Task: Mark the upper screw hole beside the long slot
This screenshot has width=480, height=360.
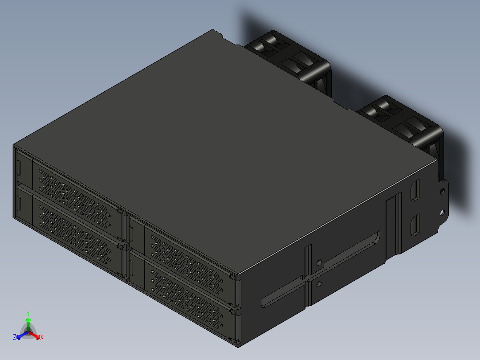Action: click(x=319, y=262)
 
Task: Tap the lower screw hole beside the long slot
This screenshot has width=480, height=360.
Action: click(x=319, y=283)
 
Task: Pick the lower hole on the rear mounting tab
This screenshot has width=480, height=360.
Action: click(x=443, y=212)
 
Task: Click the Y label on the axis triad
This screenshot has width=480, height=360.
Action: click(x=28, y=313)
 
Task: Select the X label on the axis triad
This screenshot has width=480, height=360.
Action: click(x=42, y=338)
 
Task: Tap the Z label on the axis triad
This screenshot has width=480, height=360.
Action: click(x=15, y=337)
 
